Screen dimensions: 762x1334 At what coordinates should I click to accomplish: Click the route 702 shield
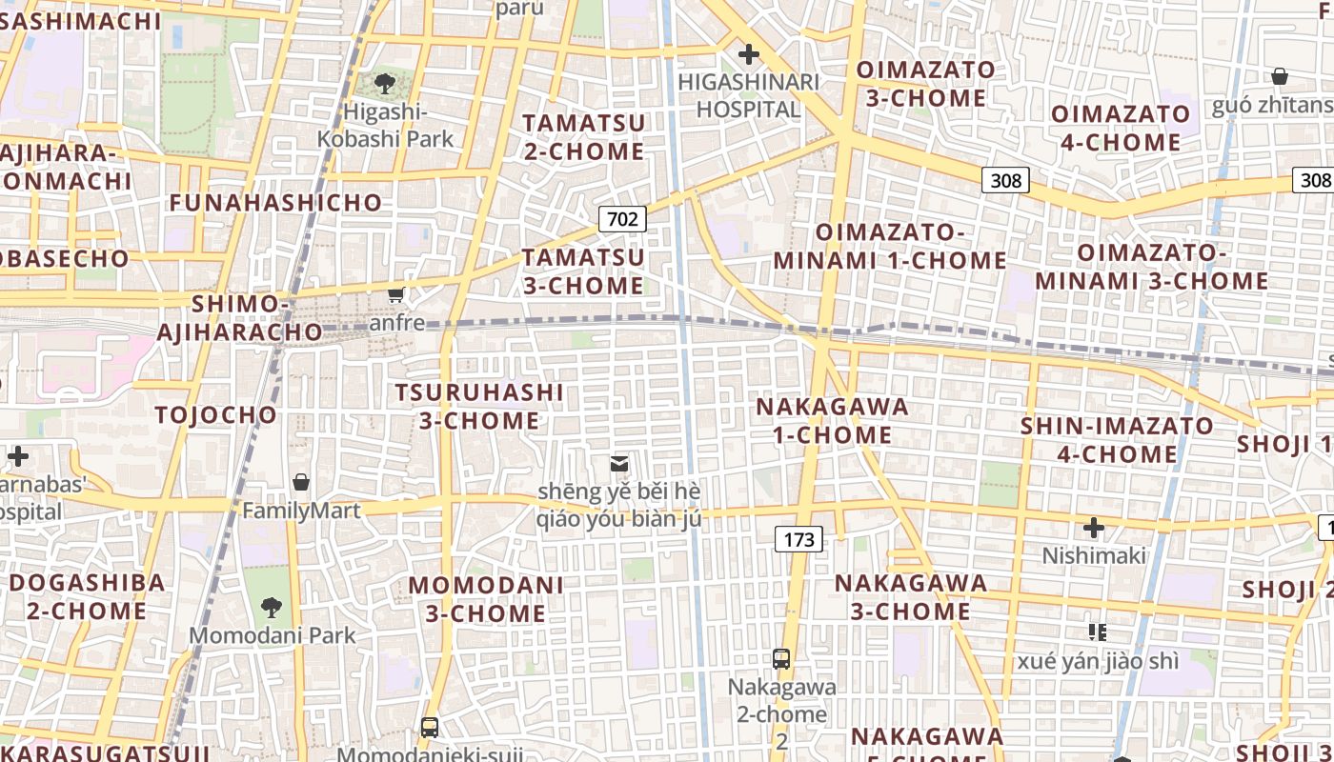(x=622, y=219)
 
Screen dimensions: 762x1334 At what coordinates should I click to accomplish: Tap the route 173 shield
(x=798, y=540)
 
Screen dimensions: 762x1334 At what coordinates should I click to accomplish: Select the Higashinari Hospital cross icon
(x=749, y=53)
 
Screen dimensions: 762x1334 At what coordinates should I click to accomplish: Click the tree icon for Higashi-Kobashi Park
(x=385, y=84)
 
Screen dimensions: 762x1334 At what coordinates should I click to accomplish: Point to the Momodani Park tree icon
(x=272, y=607)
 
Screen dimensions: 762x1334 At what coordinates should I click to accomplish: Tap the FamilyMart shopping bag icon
(x=301, y=482)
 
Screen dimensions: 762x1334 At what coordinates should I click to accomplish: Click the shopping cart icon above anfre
(x=396, y=295)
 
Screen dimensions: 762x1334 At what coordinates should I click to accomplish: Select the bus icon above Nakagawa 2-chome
(x=781, y=658)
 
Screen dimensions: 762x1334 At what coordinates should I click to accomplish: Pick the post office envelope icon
(x=619, y=463)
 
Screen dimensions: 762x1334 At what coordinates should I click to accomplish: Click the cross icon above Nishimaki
(x=1094, y=527)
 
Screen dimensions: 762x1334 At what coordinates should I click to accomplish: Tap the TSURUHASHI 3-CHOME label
(x=479, y=406)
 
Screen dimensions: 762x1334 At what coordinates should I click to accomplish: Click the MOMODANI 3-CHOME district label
(x=486, y=598)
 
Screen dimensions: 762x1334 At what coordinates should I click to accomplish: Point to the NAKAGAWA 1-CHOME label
(x=832, y=420)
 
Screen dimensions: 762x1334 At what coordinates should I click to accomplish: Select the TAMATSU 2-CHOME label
(x=583, y=136)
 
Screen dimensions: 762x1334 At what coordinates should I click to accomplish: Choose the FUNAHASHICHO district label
(x=275, y=202)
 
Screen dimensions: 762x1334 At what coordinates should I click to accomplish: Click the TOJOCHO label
(x=215, y=414)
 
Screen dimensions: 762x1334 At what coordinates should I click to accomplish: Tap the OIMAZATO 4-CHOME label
(x=1121, y=128)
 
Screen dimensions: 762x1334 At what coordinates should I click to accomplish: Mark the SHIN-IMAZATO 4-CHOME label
(x=1117, y=439)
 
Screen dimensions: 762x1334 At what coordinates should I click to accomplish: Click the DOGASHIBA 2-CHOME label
(x=87, y=596)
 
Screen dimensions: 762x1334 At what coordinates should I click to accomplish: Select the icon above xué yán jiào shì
(x=1098, y=632)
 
